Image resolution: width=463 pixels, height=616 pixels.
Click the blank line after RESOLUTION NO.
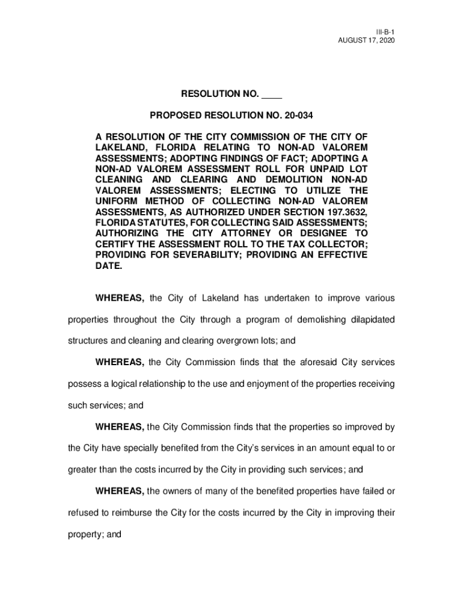click(272, 94)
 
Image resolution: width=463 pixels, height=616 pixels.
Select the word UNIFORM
click(117, 202)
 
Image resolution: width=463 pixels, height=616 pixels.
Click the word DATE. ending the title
click(109, 266)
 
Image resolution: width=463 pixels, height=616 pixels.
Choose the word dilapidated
click(369, 319)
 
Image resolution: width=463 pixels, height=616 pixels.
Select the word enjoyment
click(269, 384)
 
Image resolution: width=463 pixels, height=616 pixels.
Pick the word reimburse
click(129, 514)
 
